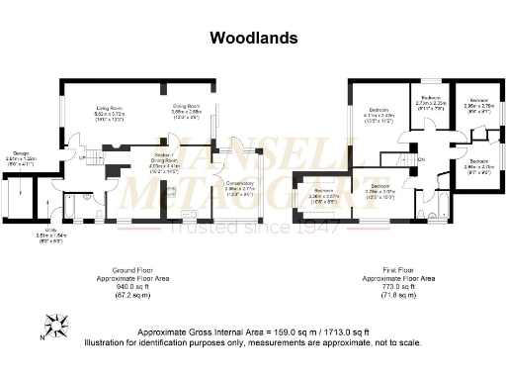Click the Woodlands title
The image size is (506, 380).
click(x=251, y=39)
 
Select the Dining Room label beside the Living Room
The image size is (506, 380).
click(x=187, y=112)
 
